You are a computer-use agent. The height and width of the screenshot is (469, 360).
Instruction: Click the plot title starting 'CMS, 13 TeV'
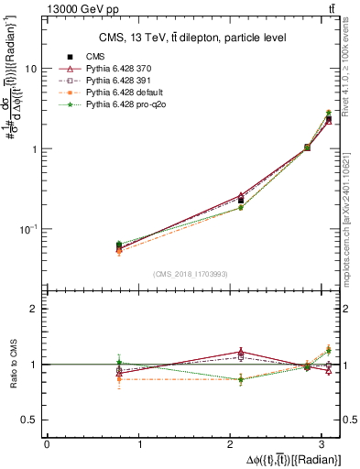[x=193, y=38]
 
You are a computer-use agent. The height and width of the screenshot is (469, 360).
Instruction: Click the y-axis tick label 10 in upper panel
[x=31, y=69]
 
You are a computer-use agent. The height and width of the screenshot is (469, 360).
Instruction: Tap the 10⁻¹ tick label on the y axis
[x=28, y=229]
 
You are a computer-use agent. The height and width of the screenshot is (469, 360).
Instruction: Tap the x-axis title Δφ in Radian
[x=292, y=459]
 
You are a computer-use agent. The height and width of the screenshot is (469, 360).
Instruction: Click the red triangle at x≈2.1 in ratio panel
[x=241, y=352]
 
